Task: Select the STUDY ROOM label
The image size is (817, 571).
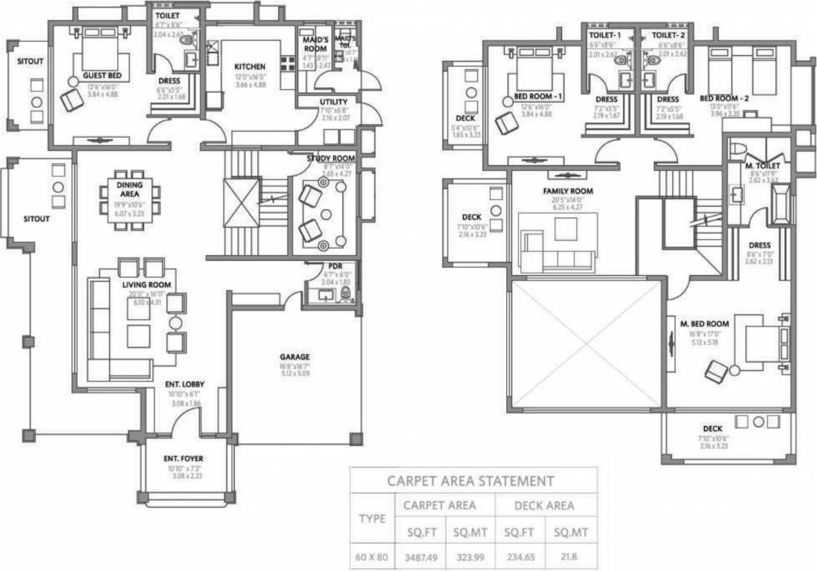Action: (x=330, y=158)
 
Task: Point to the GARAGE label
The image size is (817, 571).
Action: (x=294, y=356)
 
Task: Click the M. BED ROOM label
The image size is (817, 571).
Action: (x=704, y=323)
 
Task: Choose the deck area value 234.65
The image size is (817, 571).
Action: (x=520, y=555)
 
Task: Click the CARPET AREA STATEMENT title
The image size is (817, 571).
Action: (x=471, y=481)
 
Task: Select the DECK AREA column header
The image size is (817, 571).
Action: (x=544, y=506)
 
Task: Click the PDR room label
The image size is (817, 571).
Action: (x=335, y=266)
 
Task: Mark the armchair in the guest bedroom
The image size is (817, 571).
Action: (x=71, y=99)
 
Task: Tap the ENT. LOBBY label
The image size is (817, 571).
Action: (x=184, y=384)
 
